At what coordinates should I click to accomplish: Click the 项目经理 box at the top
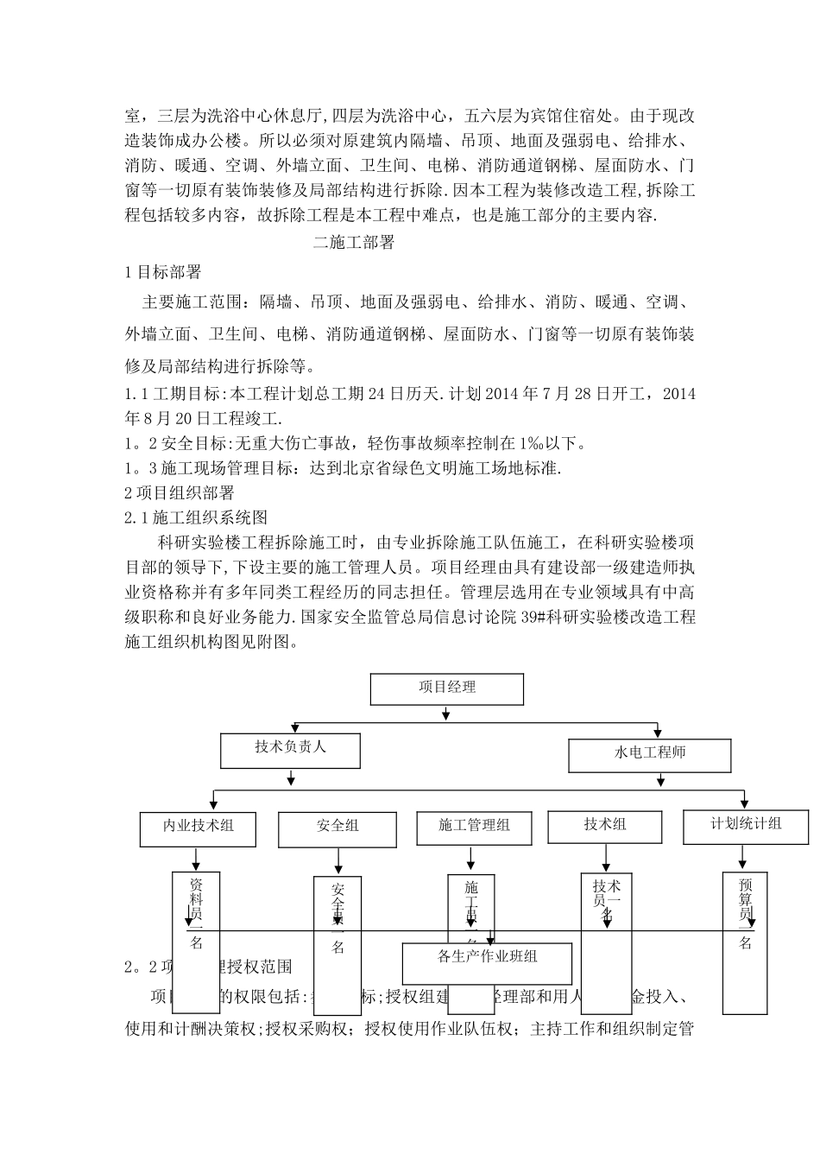(x=447, y=689)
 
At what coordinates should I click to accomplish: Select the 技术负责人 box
(x=290, y=750)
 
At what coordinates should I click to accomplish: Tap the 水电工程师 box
(x=649, y=754)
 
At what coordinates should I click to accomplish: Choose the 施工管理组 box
(x=474, y=827)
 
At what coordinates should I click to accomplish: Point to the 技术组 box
(x=604, y=826)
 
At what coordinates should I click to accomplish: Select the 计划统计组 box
(x=746, y=825)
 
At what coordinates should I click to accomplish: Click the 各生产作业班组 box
(x=488, y=961)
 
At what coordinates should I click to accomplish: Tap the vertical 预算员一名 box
(x=745, y=942)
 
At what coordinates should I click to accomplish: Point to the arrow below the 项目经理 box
(x=445, y=714)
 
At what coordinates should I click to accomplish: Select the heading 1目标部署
(x=163, y=272)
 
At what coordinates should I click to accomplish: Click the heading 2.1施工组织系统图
(x=196, y=517)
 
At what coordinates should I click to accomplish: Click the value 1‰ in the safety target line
(x=528, y=444)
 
